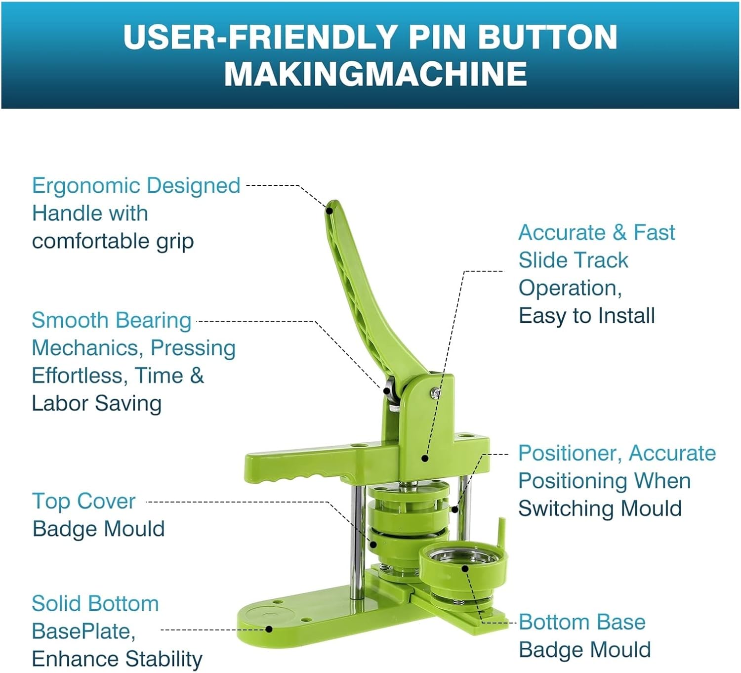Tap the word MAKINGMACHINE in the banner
coord(375,74)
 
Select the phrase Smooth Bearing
coord(112,321)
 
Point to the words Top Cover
coord(84,502)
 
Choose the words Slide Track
coord(574,260)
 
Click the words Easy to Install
coord(586,316)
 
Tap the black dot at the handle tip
coord(329,210)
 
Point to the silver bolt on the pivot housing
coord(436,392)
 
